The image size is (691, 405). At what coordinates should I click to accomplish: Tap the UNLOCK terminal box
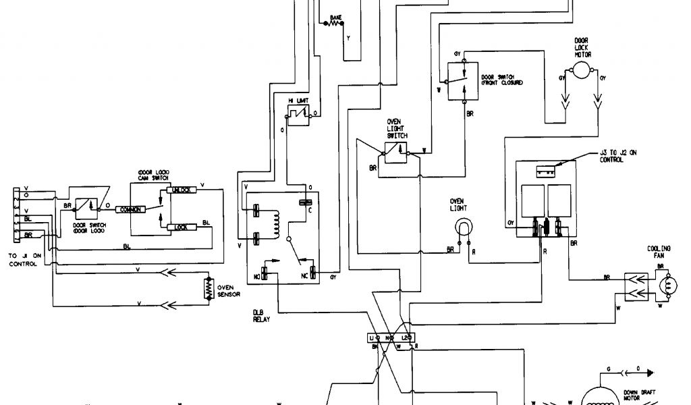pos(183,191)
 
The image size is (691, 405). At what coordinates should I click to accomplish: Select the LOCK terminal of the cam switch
pos(180,227)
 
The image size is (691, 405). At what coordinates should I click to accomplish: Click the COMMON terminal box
pos(130,209)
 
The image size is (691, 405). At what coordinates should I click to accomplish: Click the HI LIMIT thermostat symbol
pos(298,117)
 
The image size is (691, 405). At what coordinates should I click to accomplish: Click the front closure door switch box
pos(463,81)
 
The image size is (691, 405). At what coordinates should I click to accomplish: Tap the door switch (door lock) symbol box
pos(84,205)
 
